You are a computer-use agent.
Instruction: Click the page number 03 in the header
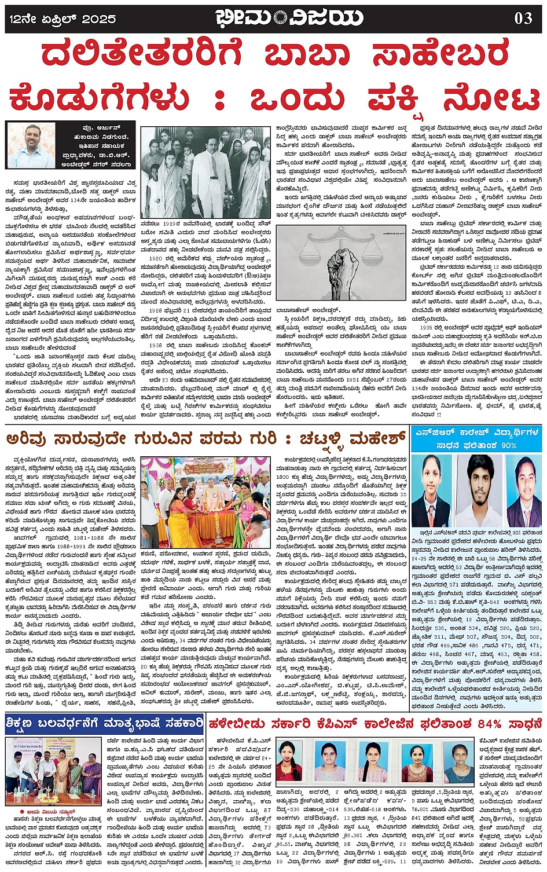point(523,18)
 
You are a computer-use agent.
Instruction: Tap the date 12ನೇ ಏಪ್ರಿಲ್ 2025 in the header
point(63,19)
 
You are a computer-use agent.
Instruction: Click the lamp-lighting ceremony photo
point(205,495)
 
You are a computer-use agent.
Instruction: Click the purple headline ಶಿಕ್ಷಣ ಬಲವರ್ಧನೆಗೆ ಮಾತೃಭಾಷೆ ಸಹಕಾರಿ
point(104,724)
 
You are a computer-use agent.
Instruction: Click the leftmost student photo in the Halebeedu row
point(292,764)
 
